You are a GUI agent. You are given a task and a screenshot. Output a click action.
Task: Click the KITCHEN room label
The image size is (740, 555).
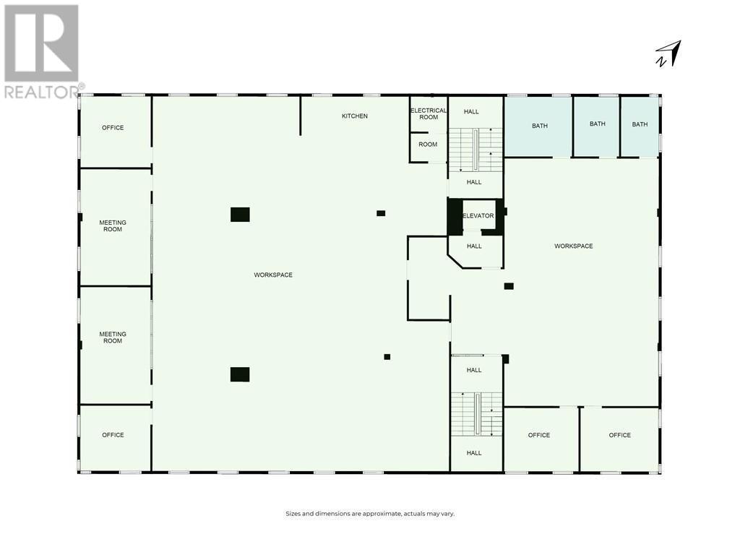pos(355,116)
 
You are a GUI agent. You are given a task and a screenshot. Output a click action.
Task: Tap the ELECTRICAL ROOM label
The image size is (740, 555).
pos(429,113)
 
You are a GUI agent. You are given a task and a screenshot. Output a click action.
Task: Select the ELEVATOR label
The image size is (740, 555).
pos(478,215)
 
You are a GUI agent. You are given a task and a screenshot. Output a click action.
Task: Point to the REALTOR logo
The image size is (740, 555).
pos(42,51)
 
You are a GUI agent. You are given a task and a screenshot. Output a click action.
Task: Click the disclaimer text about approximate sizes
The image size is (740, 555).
pos(370,514)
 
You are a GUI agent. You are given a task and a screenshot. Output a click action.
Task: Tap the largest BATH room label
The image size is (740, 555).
pos(540,126)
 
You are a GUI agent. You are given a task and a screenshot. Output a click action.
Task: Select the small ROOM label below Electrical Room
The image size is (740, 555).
pos(428,144)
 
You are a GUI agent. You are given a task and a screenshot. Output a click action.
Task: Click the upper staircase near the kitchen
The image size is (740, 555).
pos(476,150)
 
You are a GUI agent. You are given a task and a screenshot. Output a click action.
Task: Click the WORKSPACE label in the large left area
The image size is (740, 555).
pos(273,275)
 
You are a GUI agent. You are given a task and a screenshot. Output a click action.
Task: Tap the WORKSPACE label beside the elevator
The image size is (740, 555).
pos(574,246)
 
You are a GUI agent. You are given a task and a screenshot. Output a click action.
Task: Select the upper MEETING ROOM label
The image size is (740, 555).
pos(113,226)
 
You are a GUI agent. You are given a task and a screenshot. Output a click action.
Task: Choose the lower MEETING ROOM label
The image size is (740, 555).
pos(113,337)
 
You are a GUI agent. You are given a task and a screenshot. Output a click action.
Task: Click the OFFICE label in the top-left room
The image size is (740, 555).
pos(113,128)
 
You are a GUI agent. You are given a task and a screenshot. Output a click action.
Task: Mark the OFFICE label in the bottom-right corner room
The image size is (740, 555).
pos(620,435)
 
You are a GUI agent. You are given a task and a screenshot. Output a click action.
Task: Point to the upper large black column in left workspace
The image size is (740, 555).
pos(240,215)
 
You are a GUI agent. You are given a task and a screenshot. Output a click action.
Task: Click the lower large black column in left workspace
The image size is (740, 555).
pos(240,374)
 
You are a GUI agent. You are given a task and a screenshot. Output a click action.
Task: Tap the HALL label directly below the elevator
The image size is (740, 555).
pos(474,246)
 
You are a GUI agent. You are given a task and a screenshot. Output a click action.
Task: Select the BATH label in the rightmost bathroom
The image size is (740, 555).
pos(640,124)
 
